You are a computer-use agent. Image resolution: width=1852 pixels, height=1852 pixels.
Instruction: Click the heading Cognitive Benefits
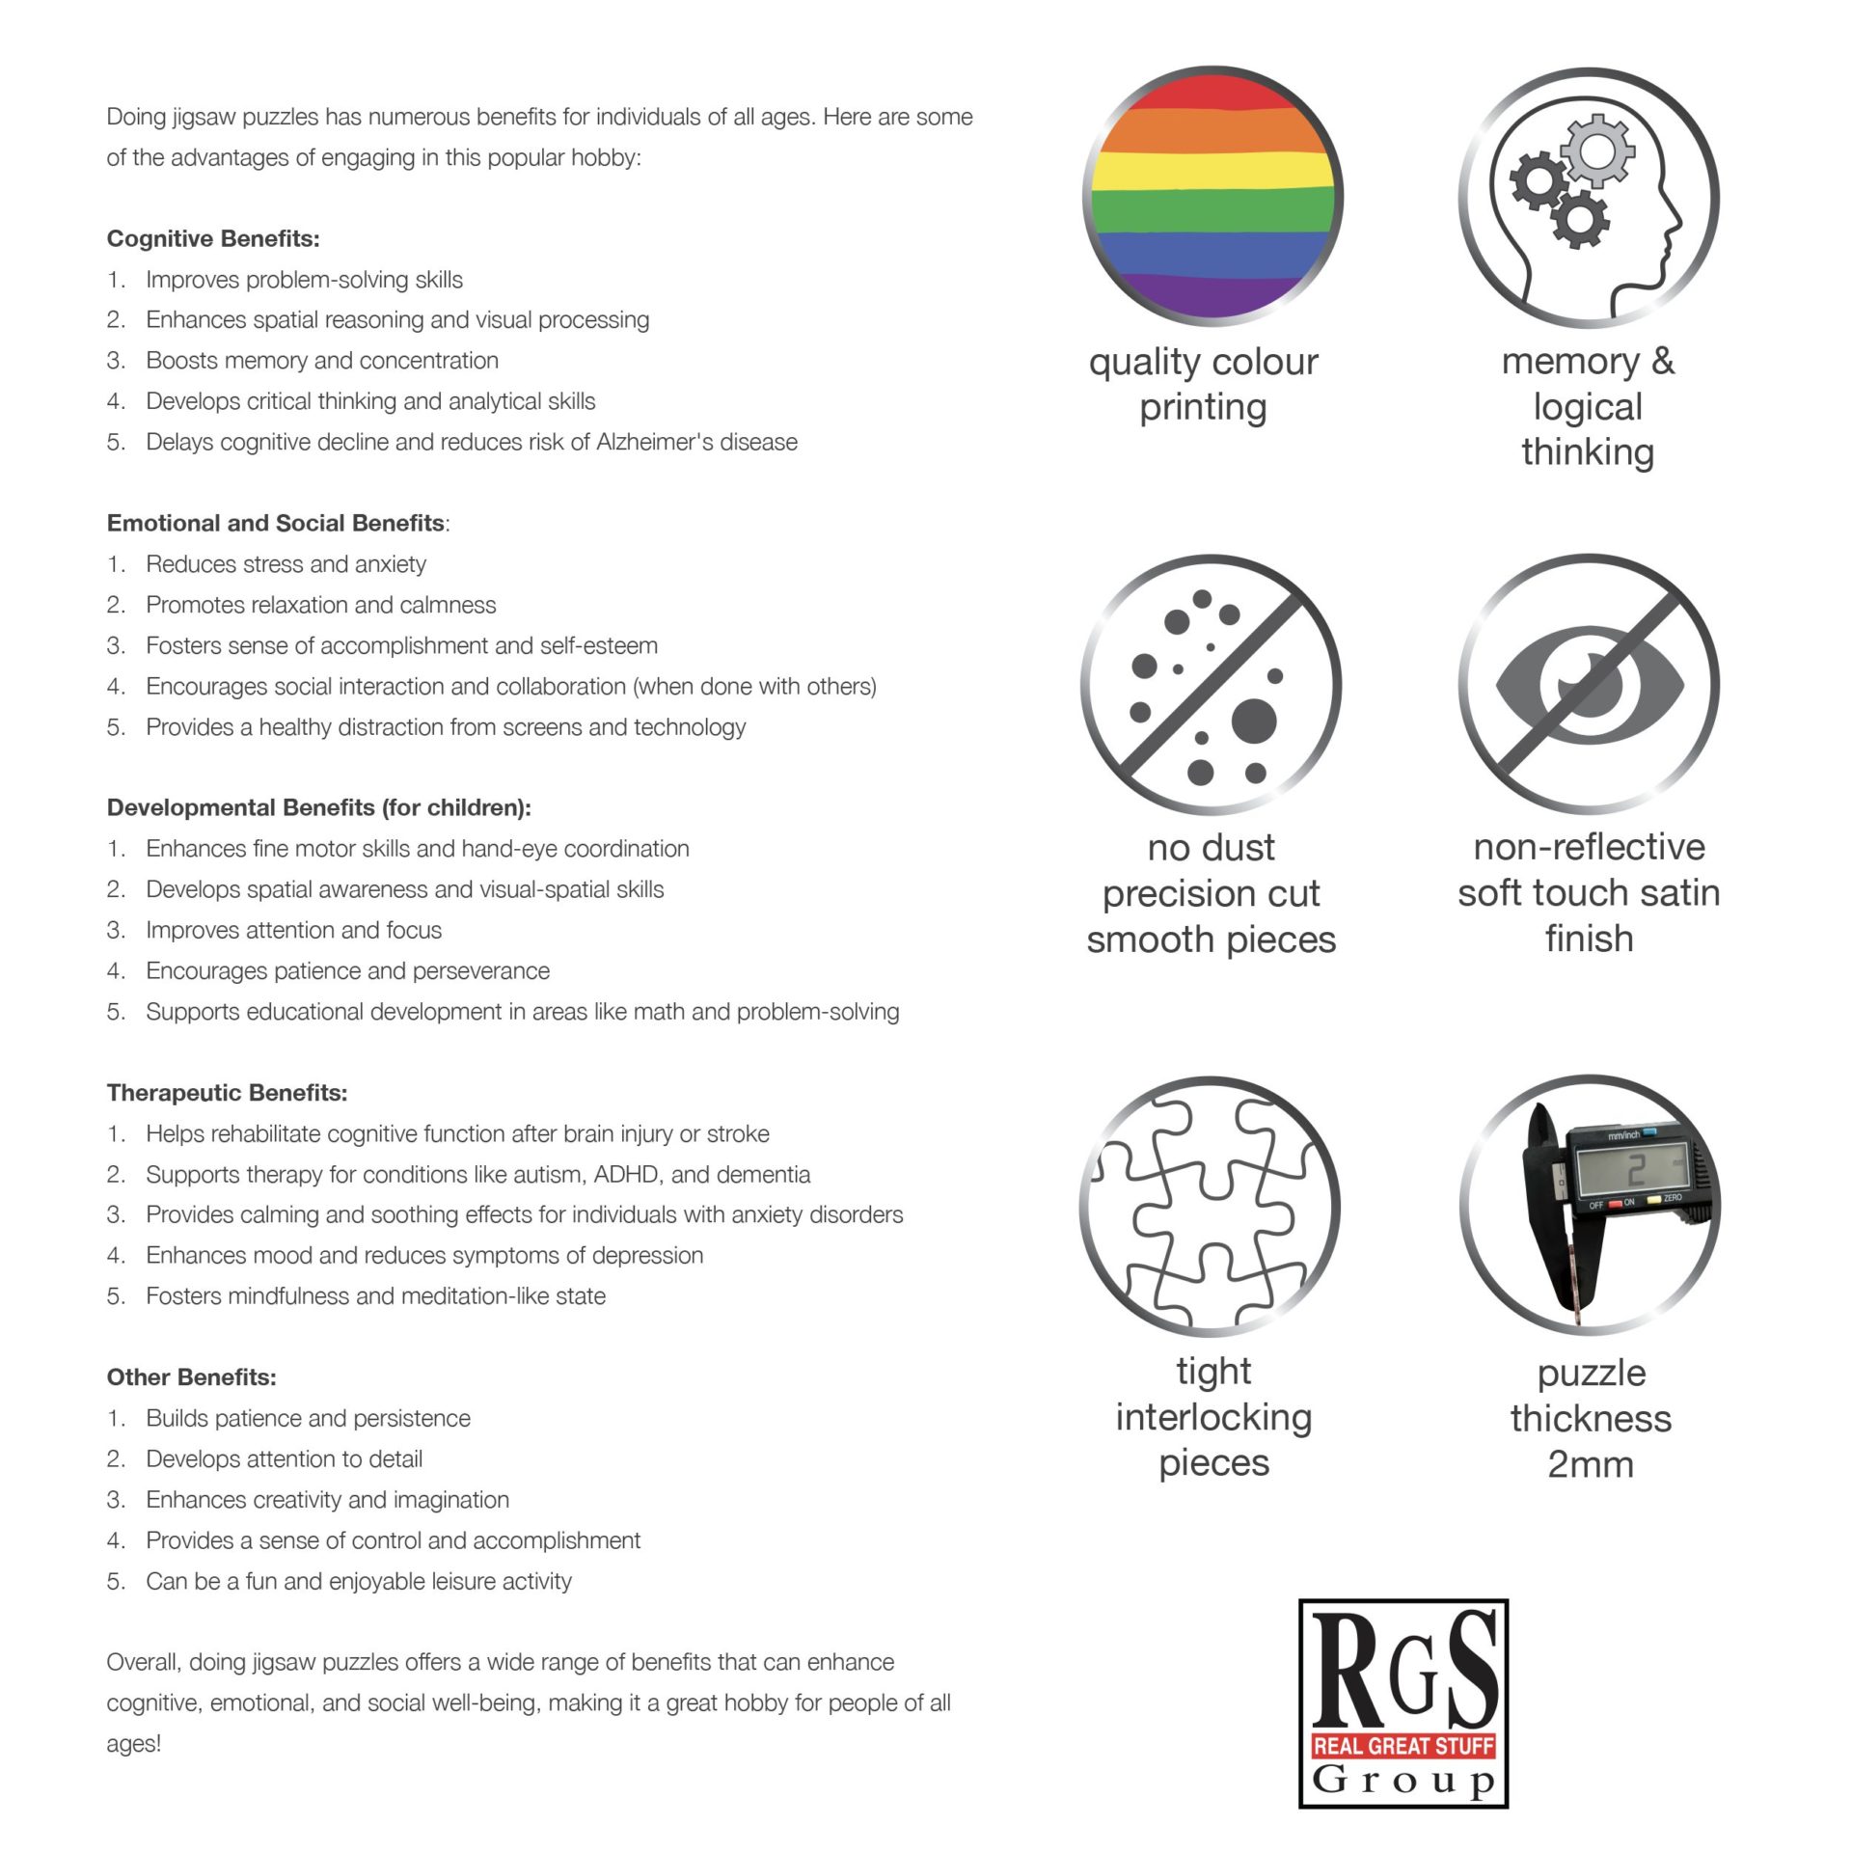(213, 239)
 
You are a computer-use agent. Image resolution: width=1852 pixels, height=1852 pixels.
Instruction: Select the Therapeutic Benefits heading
(227, 1093)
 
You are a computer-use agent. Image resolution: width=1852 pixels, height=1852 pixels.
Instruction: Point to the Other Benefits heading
(191, 1377)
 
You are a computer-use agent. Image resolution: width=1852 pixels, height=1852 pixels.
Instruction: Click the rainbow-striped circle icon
(1212, 196)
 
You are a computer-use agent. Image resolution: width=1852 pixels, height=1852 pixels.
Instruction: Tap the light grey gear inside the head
(1596, 150)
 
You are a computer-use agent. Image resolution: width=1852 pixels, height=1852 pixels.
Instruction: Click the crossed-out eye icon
(1589, 684)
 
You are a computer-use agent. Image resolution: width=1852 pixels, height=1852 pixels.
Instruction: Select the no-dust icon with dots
(1211, 684)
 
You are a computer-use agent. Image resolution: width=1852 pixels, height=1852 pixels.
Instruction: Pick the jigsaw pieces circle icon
(1211, 1206)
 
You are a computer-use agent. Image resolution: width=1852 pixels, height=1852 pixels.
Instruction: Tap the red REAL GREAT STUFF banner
(1403, 1745)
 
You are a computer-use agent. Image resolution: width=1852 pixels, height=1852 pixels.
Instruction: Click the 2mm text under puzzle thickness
(1591, 1464)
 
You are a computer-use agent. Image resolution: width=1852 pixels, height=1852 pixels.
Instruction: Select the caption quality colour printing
(1203, 384)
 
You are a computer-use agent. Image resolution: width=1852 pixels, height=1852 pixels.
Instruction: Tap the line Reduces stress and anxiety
(286, 564)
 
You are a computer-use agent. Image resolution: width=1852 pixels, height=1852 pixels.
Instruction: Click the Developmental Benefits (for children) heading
(318, 808)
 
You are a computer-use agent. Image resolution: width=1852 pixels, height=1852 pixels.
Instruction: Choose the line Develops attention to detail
(284, 1459)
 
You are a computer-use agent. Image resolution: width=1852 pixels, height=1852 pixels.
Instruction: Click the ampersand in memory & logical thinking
(1662, 361)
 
